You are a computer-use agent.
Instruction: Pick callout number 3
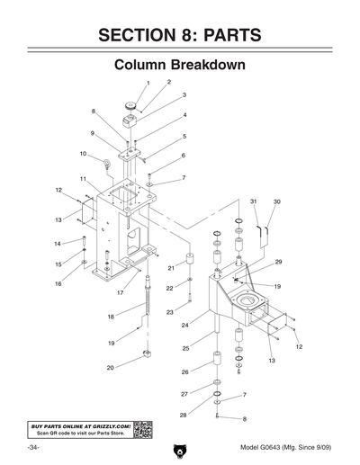point(184,94)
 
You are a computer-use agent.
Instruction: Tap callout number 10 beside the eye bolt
point(83,154)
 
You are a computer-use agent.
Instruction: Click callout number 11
point(83,180)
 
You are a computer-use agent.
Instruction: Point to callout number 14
point(57,243)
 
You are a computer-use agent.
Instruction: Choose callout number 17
point(119,293)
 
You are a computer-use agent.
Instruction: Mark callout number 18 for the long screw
point(112,317)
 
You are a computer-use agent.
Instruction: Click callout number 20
point(110,367)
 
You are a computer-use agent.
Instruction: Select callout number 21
point(171,268)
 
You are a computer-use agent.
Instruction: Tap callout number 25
point(186,347)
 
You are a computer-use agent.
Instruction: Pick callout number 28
point(184,415)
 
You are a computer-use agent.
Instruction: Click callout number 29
point(279,262)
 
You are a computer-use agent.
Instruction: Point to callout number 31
point(254,201)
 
